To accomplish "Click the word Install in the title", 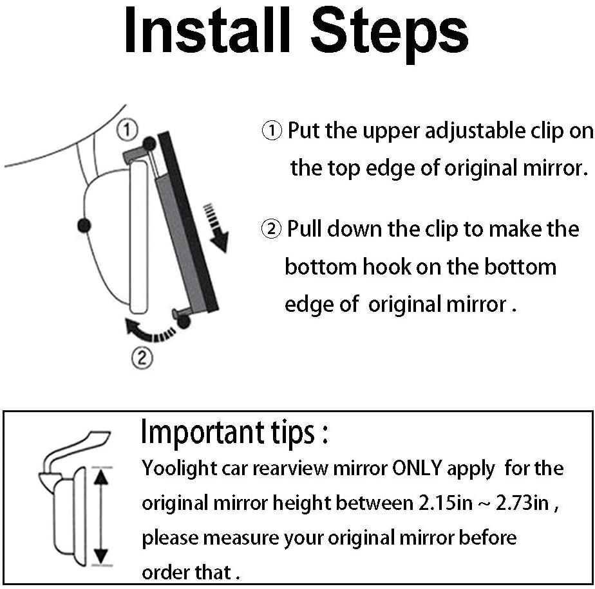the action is click(207, 30).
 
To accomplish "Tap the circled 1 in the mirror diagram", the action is click(127, 130).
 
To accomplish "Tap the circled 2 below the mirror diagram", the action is click(142, 358).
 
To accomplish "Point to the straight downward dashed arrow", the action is click(216, 228).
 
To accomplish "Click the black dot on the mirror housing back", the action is click(84, 226).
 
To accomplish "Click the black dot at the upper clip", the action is click(149, 143).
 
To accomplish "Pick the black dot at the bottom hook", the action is click(184, 322).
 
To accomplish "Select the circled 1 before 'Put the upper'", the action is click(272, 131).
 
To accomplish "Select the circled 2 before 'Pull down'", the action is click(272, 230).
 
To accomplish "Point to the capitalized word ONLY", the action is click(417, 468).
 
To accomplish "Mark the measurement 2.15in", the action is click(446, 503).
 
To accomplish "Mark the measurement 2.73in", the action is click(522, 503).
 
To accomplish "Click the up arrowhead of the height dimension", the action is click(101, 477).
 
